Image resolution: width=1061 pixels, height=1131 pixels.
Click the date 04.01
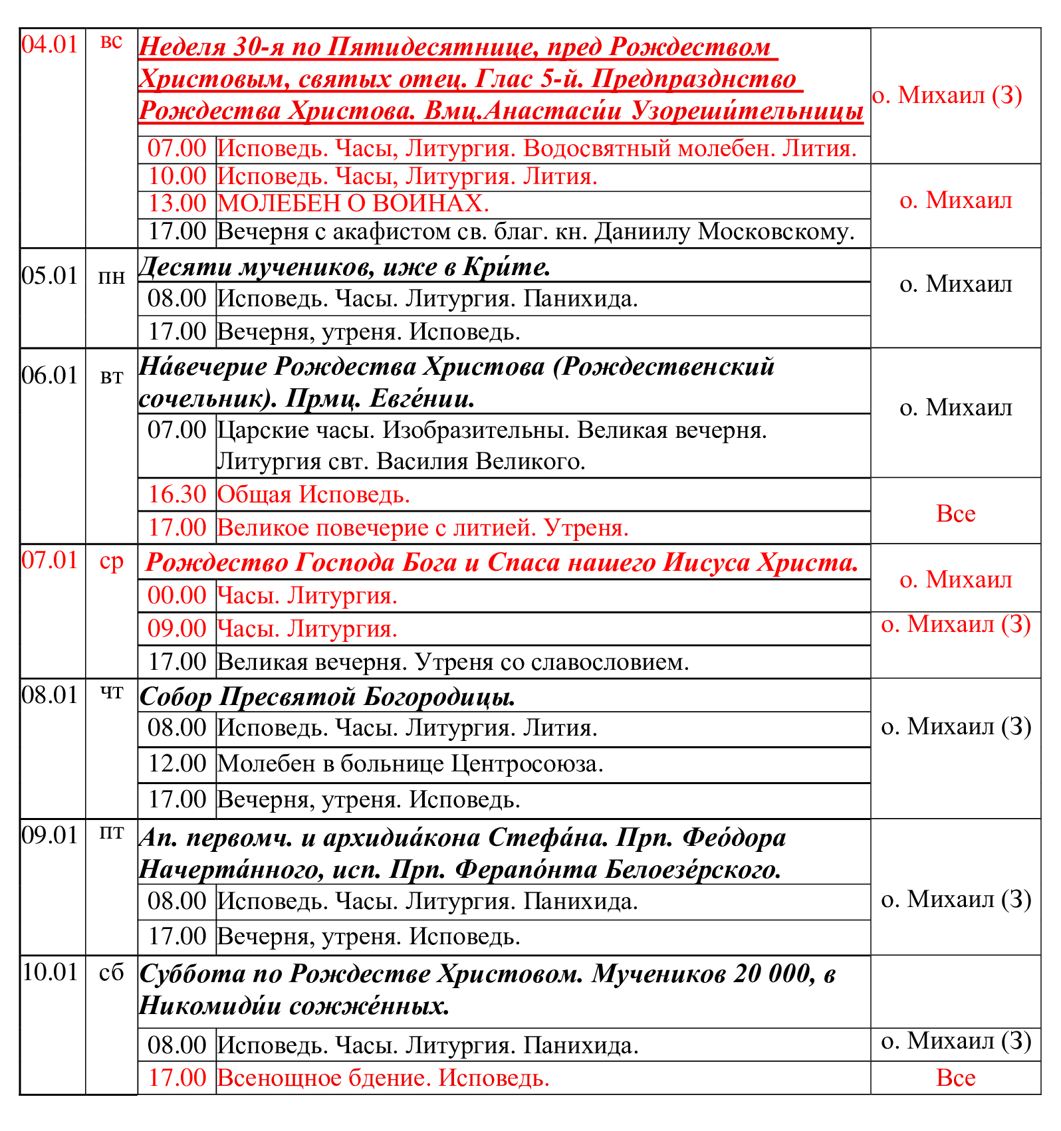coord(50,45)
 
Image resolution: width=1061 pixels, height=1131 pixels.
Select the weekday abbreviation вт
coord(111,377)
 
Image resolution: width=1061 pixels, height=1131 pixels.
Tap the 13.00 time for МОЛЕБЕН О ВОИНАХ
coord(177,203)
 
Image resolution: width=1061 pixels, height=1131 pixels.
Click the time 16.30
coord(177,494)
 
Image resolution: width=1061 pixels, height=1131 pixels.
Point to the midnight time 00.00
coord(177,595)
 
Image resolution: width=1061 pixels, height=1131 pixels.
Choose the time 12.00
coord(177,764)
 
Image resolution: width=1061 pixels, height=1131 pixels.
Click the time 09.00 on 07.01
coord(177,629)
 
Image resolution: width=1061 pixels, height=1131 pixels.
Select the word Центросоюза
coord(527,764)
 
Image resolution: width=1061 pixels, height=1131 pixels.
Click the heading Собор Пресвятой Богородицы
coord(328,696)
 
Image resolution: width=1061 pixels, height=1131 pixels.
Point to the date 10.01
coord(51,972)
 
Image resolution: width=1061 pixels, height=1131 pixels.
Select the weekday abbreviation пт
coord(111,833)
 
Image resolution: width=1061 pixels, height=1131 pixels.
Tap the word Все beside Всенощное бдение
coord(955,1078)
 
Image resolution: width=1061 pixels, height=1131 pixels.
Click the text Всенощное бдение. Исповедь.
coord(384,1078)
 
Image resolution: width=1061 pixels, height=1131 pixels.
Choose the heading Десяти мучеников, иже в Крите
coord(344,266)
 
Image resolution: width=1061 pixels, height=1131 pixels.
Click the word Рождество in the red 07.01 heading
coord(216,562)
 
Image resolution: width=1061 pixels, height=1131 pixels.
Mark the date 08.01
coord(51,695)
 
